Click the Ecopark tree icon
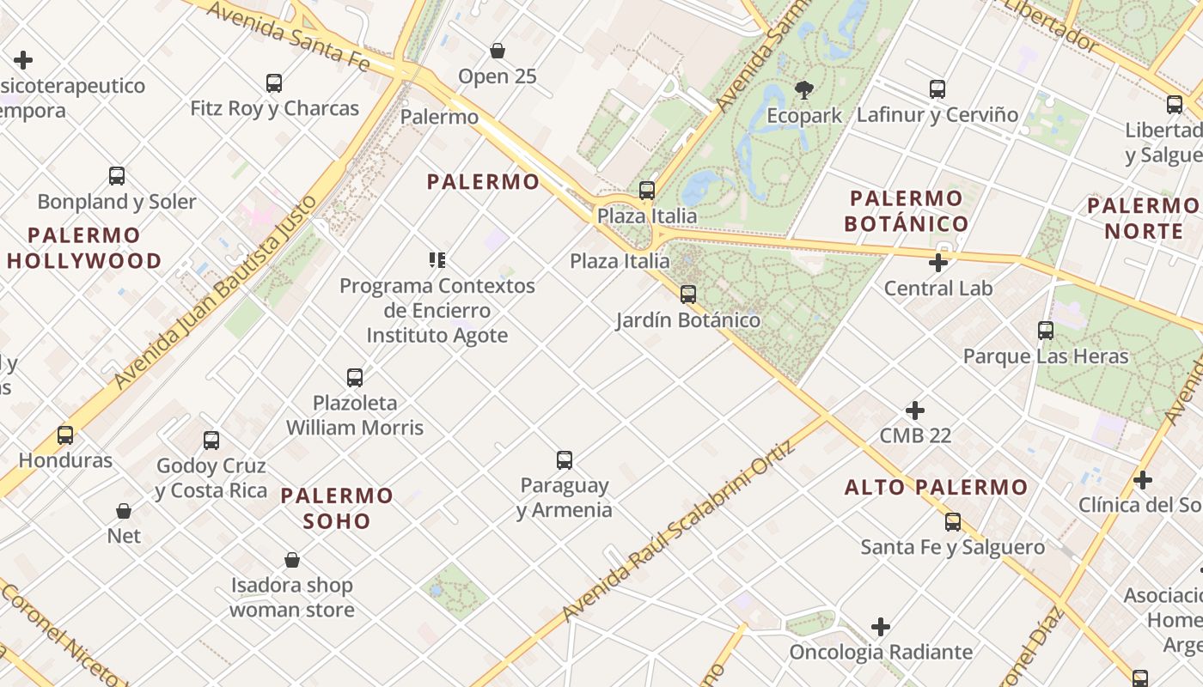coord(804,88)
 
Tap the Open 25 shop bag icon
coord(498,51)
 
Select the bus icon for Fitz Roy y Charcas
coord(274,83)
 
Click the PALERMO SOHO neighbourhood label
coord(337,508)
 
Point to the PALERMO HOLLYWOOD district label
coord(84,247)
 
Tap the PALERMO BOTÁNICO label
coord(907,211)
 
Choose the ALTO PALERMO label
coord(937,487)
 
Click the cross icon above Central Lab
coord(938,262)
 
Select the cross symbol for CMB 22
coord(915,410)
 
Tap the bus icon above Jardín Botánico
coord(688,295)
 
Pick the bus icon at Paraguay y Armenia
coord(565,460)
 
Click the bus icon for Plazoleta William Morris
coord(355,377)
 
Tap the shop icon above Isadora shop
coord(292,561)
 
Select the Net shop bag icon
coord(124,511)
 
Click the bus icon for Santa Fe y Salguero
coord(953,522)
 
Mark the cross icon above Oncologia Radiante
coord(881,627)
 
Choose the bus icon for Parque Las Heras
coord(1046,331)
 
